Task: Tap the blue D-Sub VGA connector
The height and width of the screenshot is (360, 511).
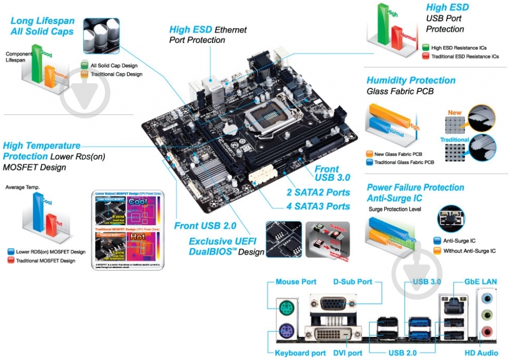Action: click(x=332, y=305)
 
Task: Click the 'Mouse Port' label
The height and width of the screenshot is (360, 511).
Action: click(x=296, y=281)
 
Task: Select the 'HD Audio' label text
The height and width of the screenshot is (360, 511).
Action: click(x=481, y=353)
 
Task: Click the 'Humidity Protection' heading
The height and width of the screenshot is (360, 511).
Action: click(x=411, y=80)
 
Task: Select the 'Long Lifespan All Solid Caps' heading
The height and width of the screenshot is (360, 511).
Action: click(x=42, y=26)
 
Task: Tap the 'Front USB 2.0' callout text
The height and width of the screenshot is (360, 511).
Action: click(x=205, y=225)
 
